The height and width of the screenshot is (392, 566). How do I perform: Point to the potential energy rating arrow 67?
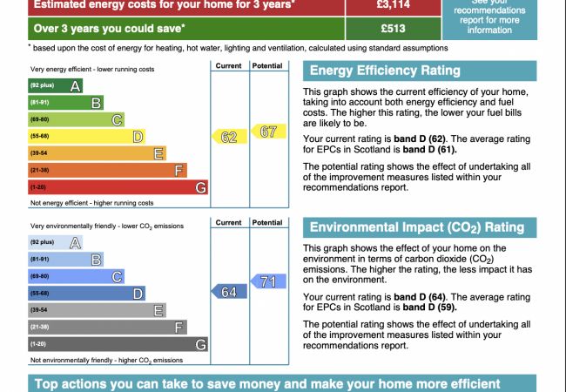(x=266, y=132)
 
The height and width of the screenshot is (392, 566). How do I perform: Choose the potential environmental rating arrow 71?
(x=266, y=281)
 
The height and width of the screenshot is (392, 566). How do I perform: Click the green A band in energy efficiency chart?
(x=56, y=85)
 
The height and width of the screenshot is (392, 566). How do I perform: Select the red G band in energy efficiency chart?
(x=118, y=187)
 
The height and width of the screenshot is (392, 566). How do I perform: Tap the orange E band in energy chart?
(x=97, y=153)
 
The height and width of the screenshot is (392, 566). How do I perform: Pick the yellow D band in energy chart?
(x=86, y=136)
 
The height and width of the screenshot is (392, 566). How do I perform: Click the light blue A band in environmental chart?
(x=56, y=242)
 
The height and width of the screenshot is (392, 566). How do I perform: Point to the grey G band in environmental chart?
(x=118, y=344)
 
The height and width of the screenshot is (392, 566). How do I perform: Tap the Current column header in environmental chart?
(x=228, y=223)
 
